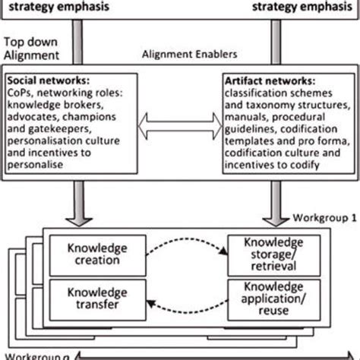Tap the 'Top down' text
coord(29,43)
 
